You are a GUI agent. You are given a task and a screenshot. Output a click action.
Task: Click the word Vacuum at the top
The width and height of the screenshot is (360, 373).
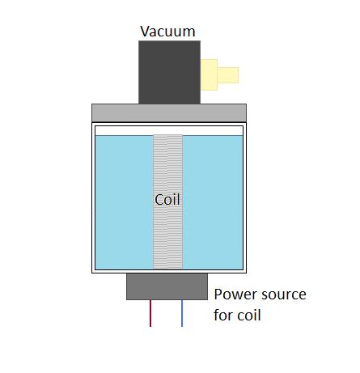(x=167, y=32)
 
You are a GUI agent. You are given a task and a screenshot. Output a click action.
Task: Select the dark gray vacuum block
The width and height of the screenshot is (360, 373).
(x=168, y=72)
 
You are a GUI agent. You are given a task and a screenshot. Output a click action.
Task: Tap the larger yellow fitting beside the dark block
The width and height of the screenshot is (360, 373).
(x=210, y=74)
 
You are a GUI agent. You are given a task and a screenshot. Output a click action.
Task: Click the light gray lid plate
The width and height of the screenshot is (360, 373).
(x=168, y=112)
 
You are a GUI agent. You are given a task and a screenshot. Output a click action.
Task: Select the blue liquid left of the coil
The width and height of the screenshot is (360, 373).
(x=123, y=202)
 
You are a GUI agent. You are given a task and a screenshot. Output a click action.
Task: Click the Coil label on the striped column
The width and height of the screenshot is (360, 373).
(x=167, y=199)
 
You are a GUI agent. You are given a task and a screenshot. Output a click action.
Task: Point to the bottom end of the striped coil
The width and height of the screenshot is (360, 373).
(x=167, y=265)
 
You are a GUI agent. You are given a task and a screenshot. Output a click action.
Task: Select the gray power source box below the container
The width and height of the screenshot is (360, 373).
(x=167, y=286)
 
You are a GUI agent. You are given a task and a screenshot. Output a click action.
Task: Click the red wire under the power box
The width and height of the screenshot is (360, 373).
(x=150, y=313)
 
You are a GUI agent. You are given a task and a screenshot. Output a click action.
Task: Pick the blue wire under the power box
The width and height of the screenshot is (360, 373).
(x=182, y=313)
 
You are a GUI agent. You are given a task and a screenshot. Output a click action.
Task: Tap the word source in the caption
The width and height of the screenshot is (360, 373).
(x=283, y=295)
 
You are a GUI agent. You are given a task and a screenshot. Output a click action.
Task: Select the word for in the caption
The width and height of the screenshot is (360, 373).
(x=223, y=314)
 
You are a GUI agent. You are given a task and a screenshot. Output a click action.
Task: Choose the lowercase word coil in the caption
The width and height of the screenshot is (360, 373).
(x=250, y=314)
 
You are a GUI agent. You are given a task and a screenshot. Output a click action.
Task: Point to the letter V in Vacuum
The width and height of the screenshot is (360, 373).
(x=145, y=32)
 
